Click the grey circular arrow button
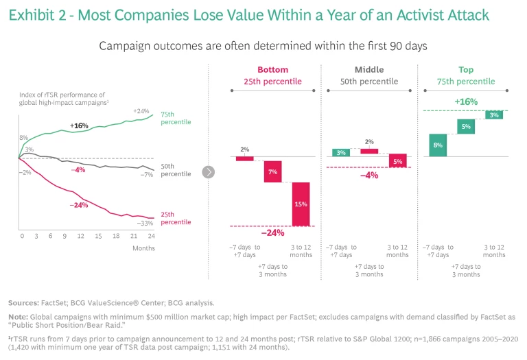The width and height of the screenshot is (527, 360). point(209,172)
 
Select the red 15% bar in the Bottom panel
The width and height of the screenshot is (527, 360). point(301,204)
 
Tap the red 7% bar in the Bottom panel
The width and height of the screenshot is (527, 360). point(273,171)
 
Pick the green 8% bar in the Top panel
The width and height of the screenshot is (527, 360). point(438,145)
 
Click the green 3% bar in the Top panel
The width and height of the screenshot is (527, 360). point(494,115)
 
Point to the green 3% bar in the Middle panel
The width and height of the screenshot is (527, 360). point(341,152)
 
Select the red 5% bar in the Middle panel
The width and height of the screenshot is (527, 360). point(398,161)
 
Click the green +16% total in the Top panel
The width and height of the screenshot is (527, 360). point(467,101)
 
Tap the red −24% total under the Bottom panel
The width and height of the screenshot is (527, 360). point(272,232)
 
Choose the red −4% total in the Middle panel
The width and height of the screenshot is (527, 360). point(369,175)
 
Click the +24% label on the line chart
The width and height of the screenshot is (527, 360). point(142,111)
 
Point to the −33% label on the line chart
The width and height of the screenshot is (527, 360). point(144,224)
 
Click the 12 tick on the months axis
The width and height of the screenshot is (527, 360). point(80,236)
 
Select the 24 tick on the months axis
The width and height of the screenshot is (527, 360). point(151,236)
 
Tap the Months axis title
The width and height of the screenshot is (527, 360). point(143,248)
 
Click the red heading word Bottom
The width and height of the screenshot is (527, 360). point(272,70)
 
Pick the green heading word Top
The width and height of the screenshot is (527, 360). point(467,70)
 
